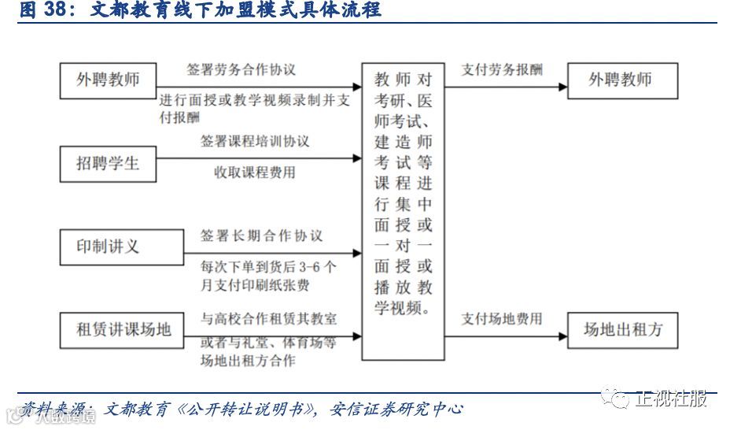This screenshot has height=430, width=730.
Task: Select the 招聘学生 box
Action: [108, 164]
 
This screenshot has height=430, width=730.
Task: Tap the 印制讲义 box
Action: [108, 247]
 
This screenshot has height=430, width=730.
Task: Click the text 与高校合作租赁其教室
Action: [268, 319]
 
